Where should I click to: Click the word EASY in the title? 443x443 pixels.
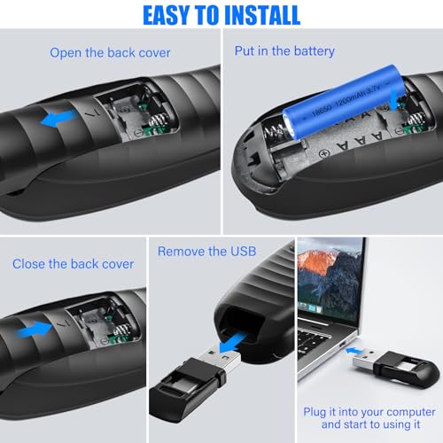(166, 15)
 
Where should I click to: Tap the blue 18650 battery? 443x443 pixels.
(343, 102)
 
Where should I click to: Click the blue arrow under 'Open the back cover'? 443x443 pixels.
(59, 118)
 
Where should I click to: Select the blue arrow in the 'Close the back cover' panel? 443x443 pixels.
(35, 330)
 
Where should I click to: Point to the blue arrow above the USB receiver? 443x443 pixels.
(233, 342)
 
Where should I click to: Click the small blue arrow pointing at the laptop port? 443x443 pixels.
(354, 351)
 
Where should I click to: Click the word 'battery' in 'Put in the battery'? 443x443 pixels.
(315, 51)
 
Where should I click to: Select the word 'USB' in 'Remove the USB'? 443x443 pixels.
(243, 252)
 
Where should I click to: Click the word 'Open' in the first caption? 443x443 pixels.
(66, 53)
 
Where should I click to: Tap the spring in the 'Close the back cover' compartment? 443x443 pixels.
(123, 330)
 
